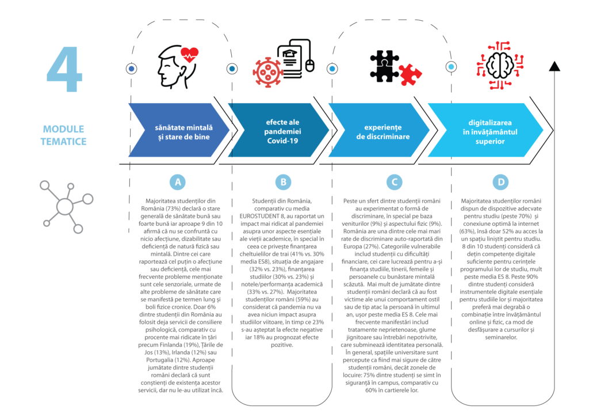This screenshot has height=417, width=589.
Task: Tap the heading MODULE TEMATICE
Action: (x=63, y=135)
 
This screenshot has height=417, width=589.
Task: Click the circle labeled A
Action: (x=178, y=182)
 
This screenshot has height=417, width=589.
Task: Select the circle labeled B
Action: (x=283, y=182)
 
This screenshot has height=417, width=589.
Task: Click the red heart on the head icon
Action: (x=189, y=55)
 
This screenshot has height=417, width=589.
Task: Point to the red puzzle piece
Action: (x=410, y=74)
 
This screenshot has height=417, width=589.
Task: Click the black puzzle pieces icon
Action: (x=384, y=65)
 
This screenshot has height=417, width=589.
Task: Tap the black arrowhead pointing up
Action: (x=554, y=65)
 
